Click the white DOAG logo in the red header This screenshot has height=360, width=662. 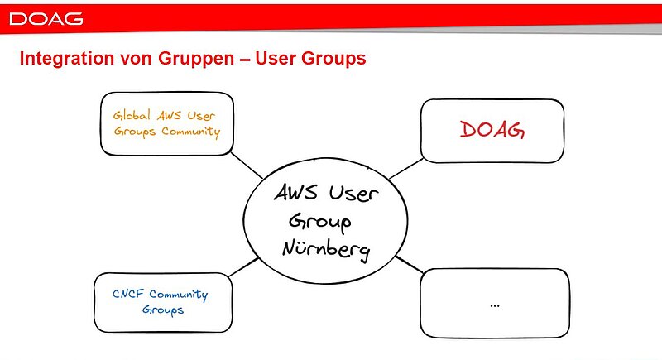[46, 18]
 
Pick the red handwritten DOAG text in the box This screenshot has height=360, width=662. [492, 130]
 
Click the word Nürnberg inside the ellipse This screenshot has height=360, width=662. [325, 247]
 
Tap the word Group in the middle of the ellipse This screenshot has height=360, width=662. [319, 222]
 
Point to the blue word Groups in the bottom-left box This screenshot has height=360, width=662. [162, 310]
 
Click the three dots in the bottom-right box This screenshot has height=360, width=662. [495, 305]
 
